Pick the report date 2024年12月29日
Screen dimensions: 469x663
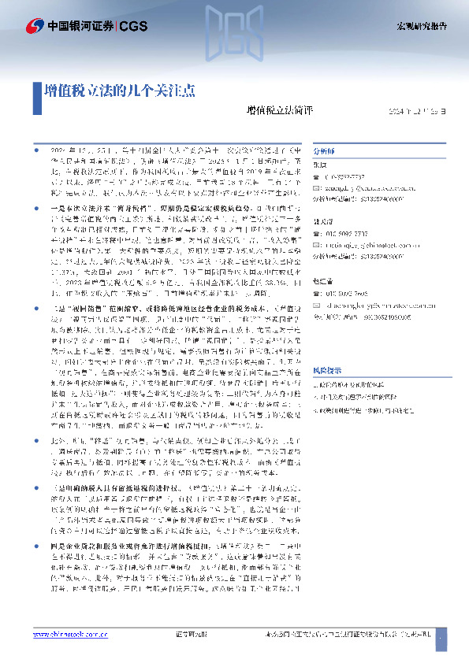[416, 112]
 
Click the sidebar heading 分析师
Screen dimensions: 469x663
[324, 148]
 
